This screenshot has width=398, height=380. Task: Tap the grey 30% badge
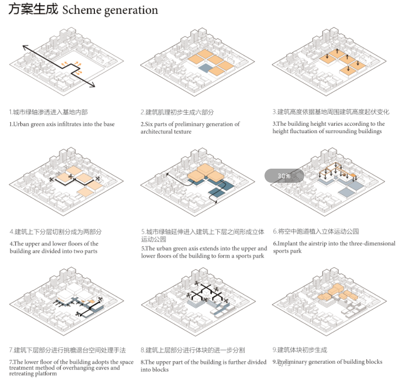pyautogui.click(x=284, y=176)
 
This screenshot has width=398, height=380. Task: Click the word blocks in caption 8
pyautogui.click(x=160, y=369)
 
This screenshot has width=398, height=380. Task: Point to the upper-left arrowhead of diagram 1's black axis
pyautogui.click(x=25, y=48)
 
